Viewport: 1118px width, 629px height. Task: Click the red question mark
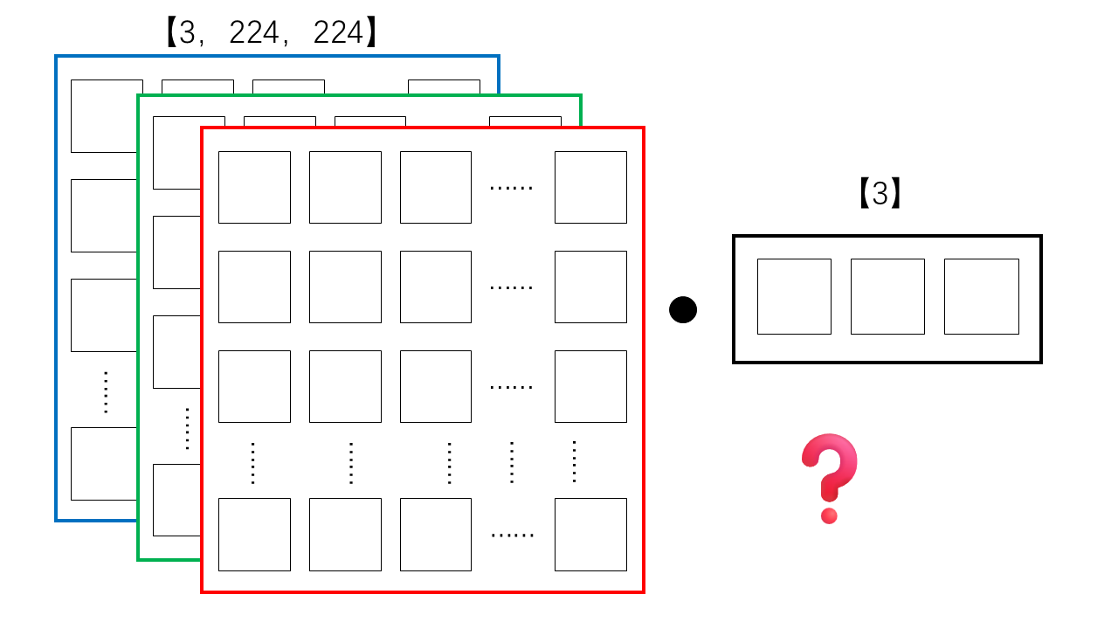829,478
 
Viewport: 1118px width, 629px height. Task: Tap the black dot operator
683,310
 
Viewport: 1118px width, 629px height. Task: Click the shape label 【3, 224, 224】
271,32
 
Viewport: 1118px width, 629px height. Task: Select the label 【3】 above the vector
880,193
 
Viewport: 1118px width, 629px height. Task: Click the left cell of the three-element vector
794,296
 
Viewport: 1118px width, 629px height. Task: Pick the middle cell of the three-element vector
887,296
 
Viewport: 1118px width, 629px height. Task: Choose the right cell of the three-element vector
981,296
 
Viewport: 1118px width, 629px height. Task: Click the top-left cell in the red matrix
254,187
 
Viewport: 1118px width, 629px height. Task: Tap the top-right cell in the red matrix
590,187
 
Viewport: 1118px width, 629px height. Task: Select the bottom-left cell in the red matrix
254,534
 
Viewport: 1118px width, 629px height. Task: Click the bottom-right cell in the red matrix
590,534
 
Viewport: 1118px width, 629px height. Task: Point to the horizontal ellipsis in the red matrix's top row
512,188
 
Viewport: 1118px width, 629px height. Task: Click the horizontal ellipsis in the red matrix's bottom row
513,536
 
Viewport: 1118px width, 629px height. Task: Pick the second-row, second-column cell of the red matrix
345,287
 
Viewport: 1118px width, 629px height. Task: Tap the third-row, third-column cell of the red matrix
436,386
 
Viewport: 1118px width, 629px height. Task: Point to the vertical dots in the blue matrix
106,392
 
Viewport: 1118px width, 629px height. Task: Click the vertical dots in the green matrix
187,429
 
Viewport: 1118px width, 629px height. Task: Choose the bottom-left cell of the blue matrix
104,464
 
